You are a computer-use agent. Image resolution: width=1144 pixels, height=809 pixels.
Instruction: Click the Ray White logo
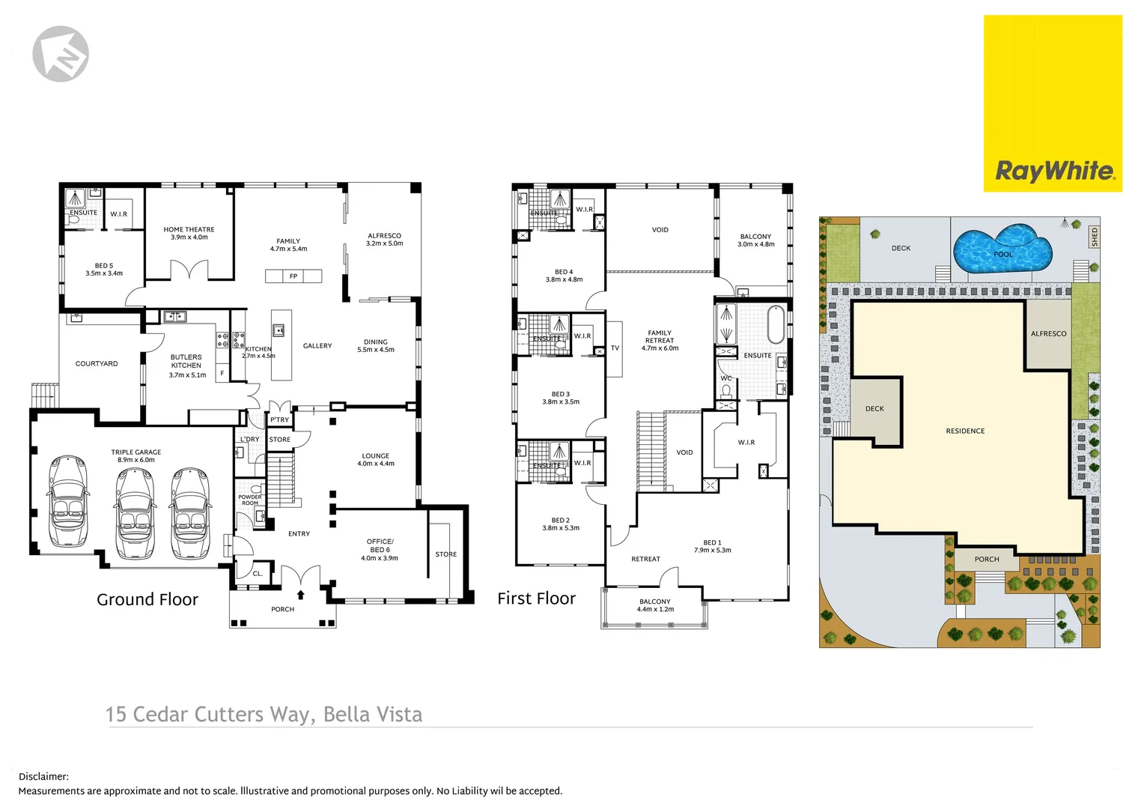coord(1053,171)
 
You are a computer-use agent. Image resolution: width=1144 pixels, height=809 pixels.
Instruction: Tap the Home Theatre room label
coord(189,230)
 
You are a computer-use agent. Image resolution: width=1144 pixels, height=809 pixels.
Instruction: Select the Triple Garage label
coord(136,452)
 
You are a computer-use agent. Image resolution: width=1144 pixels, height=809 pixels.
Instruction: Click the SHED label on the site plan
coord(1094,237)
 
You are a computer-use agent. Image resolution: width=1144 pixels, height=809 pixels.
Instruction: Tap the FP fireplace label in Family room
coord(293,276)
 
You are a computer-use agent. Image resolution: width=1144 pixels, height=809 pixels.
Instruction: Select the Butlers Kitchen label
coord(186,361)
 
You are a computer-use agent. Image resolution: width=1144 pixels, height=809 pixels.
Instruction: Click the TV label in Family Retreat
coord(615,348)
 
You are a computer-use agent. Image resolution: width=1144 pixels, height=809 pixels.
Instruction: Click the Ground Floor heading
coord(147,599)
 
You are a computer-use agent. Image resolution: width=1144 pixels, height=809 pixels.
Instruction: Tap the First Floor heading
coord(536,599)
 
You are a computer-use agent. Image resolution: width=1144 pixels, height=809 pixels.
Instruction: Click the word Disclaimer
coord(43,777)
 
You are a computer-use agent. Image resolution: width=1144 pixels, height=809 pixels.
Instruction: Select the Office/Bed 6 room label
coord(380,545)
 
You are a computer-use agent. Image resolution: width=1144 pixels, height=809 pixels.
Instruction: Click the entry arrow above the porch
coord(301,595)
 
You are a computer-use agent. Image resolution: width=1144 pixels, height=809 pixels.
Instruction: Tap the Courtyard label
coord(97,364)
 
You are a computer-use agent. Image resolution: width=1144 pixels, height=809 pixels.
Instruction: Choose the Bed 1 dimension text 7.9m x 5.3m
coord(713,551)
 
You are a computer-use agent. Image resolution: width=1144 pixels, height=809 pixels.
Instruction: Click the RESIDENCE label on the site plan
coord(965,431)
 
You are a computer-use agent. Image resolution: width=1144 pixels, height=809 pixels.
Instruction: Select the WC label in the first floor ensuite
coord(725,378)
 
